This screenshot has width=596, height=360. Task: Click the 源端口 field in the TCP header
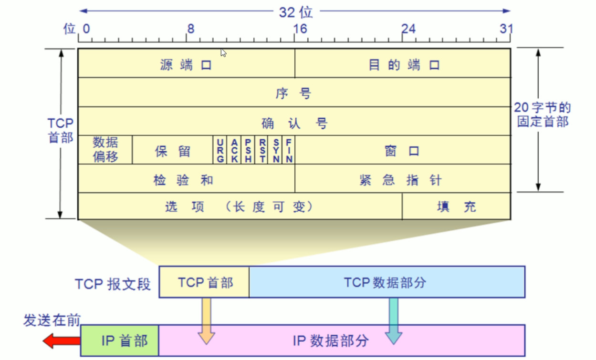click(x=186, y=64)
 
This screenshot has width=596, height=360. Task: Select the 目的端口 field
click(x=403, y=64)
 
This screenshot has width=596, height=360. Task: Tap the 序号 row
click(x=293, y=93)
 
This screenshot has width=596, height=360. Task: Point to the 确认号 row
click(x=293, y=123)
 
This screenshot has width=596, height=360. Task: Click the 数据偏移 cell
click(x=105, y=150)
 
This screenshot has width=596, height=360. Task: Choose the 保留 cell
click(x=173, y=151)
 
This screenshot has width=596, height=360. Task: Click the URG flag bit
click(x=220, y=151)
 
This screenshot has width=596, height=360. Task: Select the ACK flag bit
click(x=234, y=151)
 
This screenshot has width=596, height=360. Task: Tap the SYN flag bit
click(x=276, y=151)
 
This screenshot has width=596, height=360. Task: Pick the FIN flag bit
click(x=289, y=151)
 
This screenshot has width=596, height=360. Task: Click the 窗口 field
click(x=402, y=151)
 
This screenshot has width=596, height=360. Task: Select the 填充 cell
click(x=456, y=206)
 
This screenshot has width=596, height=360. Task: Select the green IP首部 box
click(x=120, y=340)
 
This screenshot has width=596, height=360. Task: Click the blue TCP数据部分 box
click(x=386, y=282)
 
